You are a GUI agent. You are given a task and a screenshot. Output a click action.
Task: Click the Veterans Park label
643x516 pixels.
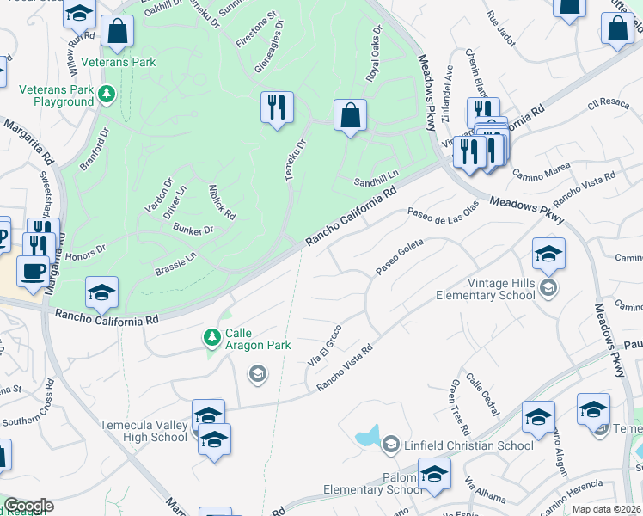coord(119,62)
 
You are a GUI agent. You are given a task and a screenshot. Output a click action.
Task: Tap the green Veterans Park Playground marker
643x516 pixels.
coord(107,93)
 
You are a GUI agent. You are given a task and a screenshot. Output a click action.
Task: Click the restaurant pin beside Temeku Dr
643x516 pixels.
coord(277,108)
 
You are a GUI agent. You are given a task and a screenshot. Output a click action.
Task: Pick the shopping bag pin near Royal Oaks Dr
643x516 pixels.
coord(350,116)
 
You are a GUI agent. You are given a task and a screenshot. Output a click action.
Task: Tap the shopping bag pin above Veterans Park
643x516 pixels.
coord(117,32)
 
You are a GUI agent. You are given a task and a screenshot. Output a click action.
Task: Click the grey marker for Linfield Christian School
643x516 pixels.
coord(391,445)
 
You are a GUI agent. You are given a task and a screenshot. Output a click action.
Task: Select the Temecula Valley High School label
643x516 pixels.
coord(144,431)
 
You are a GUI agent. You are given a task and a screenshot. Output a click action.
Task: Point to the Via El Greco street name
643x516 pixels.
coord(326,344)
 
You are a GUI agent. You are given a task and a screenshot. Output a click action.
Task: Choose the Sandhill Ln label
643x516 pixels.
coord(377,179)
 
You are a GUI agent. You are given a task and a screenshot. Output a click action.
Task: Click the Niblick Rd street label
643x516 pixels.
coord(223,201)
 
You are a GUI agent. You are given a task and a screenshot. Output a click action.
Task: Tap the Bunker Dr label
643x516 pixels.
coord(192,230)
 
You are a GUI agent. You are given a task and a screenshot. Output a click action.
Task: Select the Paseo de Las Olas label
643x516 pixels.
coord(443,212)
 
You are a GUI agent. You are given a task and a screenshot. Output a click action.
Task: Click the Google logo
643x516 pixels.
coord(28,506)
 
